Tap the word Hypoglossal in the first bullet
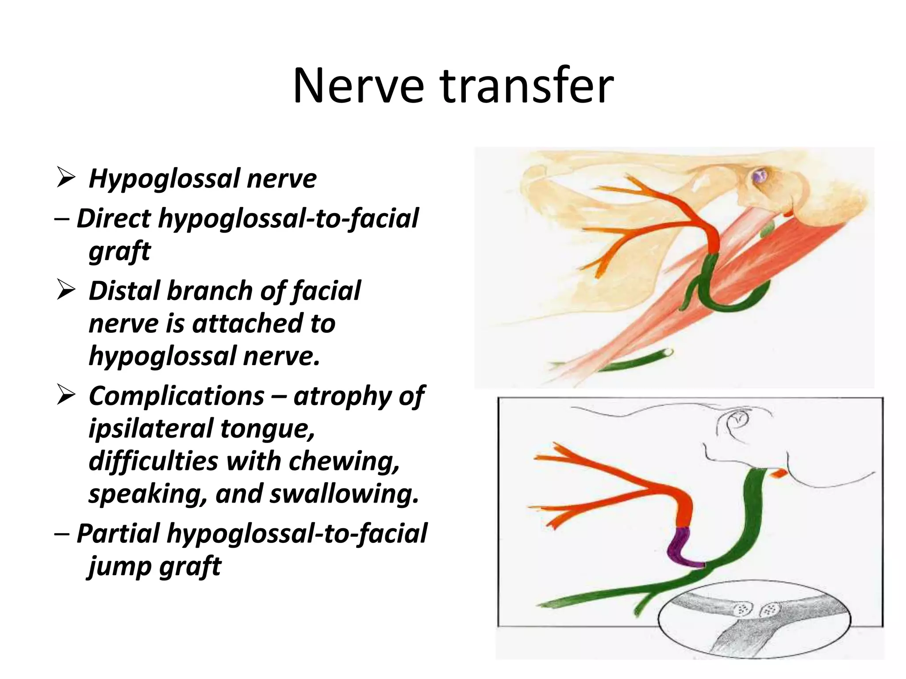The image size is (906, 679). pos(164,179)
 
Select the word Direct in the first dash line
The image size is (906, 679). pos(114,218)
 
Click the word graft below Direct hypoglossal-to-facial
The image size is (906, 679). pos(119,251)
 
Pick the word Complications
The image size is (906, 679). pos(176,396)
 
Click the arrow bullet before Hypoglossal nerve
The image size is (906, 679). pos(65,179)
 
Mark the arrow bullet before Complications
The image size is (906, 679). pos(65,396)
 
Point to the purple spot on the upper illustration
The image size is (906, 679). pos(760,178)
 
